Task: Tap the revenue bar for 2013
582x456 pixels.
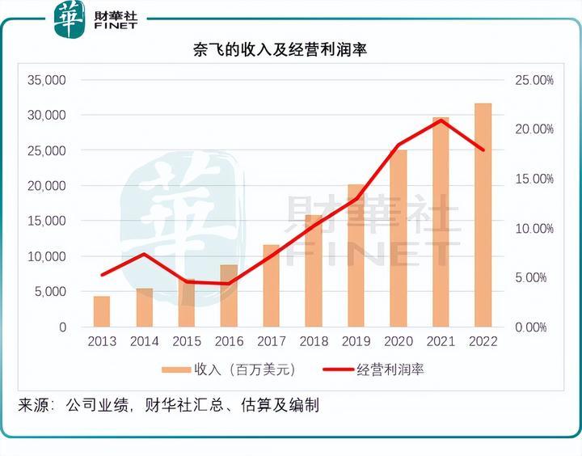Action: pos(102,311)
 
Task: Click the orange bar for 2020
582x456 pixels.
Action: pos(399,239)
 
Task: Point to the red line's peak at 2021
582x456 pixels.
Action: pos(441,120)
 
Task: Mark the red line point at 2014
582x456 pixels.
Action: pos(144,254)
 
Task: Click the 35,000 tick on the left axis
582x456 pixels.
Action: pos(46,80)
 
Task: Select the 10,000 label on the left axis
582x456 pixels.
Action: pos(46,256)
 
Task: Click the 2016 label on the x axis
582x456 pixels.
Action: pos(229,342)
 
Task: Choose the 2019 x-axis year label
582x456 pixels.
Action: pos(356,342)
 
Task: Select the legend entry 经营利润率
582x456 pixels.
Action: pos(391,369)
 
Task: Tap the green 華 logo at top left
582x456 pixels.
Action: pos(69,19)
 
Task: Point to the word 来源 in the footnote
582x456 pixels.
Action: pos(34,405)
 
